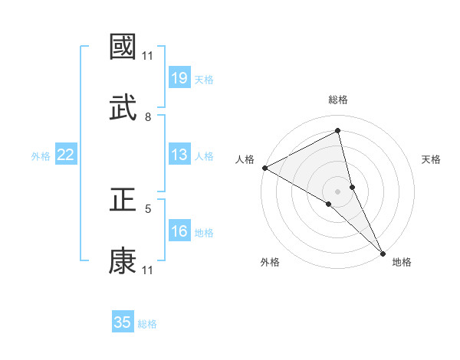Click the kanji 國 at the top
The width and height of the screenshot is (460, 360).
123,47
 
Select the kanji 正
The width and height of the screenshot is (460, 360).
123,201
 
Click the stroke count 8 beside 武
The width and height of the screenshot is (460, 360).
148,116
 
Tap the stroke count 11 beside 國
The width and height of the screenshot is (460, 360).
148,55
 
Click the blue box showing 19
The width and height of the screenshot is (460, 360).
179,78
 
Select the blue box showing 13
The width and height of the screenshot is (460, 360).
179,155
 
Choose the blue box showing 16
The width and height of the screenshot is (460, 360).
179,232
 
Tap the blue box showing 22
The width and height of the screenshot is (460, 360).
66,155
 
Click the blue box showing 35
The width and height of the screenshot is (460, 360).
123,322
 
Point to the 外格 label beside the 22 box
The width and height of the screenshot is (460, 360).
41,156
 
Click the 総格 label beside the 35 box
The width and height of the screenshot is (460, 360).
147,324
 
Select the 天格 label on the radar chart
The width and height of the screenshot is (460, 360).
432,159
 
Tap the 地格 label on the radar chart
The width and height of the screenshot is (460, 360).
402,262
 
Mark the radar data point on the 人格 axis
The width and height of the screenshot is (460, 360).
264,168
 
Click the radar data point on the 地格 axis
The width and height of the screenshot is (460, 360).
383,253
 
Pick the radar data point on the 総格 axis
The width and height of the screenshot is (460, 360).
338,131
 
